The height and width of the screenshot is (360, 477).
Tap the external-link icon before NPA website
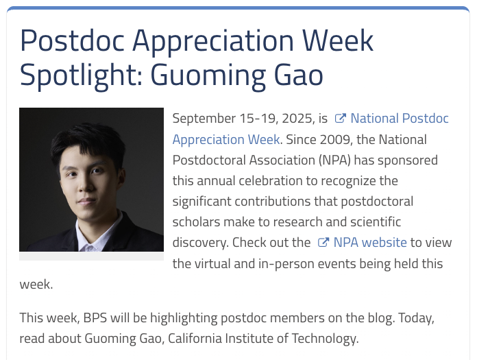point(323,243)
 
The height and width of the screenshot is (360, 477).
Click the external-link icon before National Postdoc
point(341,119)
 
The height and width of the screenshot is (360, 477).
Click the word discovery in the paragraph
point(201,243)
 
